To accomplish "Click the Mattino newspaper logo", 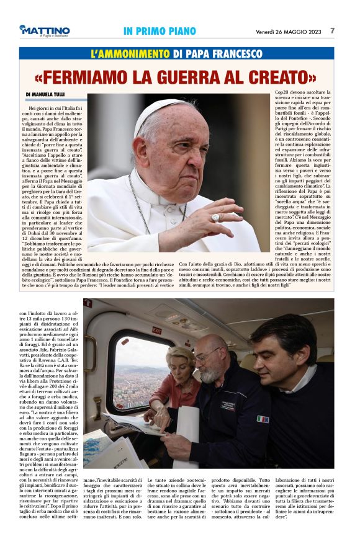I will pos(44,30).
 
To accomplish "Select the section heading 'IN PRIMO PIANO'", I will pos(160,31).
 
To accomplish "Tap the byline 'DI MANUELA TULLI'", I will pos(47,95).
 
